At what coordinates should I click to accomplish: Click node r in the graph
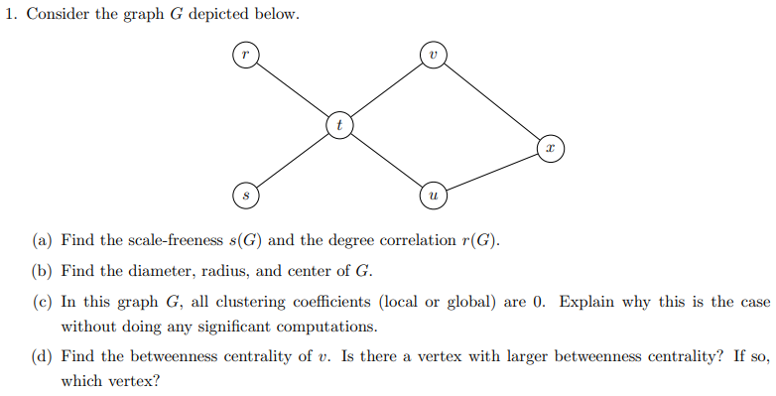click(x=244, y=55)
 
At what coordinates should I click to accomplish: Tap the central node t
click(x=339, y=125)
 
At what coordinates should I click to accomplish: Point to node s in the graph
click(x=244, y=196)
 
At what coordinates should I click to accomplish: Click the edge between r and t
click(x=292, y=89)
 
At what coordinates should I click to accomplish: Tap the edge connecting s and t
click(x=292, y=161)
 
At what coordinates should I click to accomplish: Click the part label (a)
click(x=42, y=241)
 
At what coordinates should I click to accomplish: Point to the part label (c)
click(x=42, y=303)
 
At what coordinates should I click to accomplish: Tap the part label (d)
click(x=42, y=357)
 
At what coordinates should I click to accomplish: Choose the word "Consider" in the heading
click(x=55, y=17)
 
